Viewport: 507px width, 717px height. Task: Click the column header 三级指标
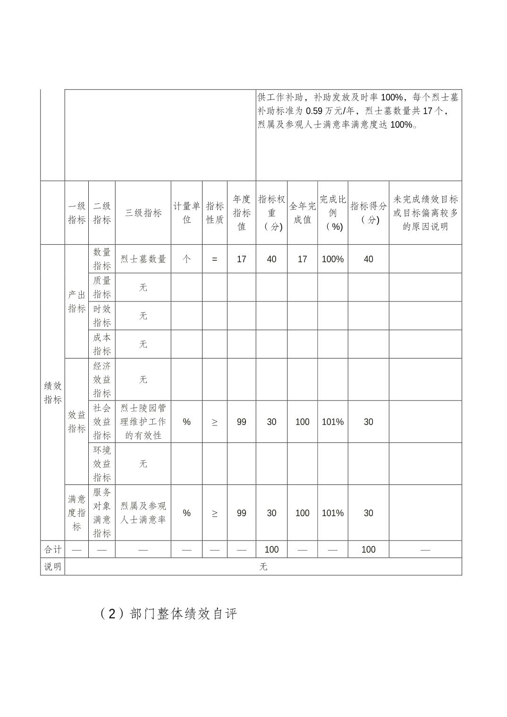pos(143,213)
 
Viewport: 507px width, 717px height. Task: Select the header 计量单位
pos(186,213)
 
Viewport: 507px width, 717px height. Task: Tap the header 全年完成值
pos(302,213)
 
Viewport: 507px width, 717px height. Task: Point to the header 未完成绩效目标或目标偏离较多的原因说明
pos(425,213)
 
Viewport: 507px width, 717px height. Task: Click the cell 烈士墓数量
pos(143,259)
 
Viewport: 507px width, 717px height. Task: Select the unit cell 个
pos(186,259)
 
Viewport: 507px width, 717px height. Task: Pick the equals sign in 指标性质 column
pos(215,259)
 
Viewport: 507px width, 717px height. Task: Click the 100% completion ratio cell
pos(333,259)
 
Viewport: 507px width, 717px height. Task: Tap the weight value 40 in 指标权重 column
pos(271,259)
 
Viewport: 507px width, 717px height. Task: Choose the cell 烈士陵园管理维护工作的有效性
pos(143,422)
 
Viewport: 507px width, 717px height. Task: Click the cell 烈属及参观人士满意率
pos(143,513)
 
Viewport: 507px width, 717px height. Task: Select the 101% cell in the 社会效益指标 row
pos(333,422)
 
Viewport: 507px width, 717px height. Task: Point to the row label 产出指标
pos(76,301)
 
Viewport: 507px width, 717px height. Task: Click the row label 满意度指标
pos(76,513)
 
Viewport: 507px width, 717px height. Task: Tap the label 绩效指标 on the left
pos(52,392)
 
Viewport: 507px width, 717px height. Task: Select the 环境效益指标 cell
pos(101,464)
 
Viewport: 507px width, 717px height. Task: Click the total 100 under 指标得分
pos(368,550)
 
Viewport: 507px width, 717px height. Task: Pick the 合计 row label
pos(52,550)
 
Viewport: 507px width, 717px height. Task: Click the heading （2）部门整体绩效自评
pos(169,614)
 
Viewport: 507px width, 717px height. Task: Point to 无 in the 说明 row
pos(263,567)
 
